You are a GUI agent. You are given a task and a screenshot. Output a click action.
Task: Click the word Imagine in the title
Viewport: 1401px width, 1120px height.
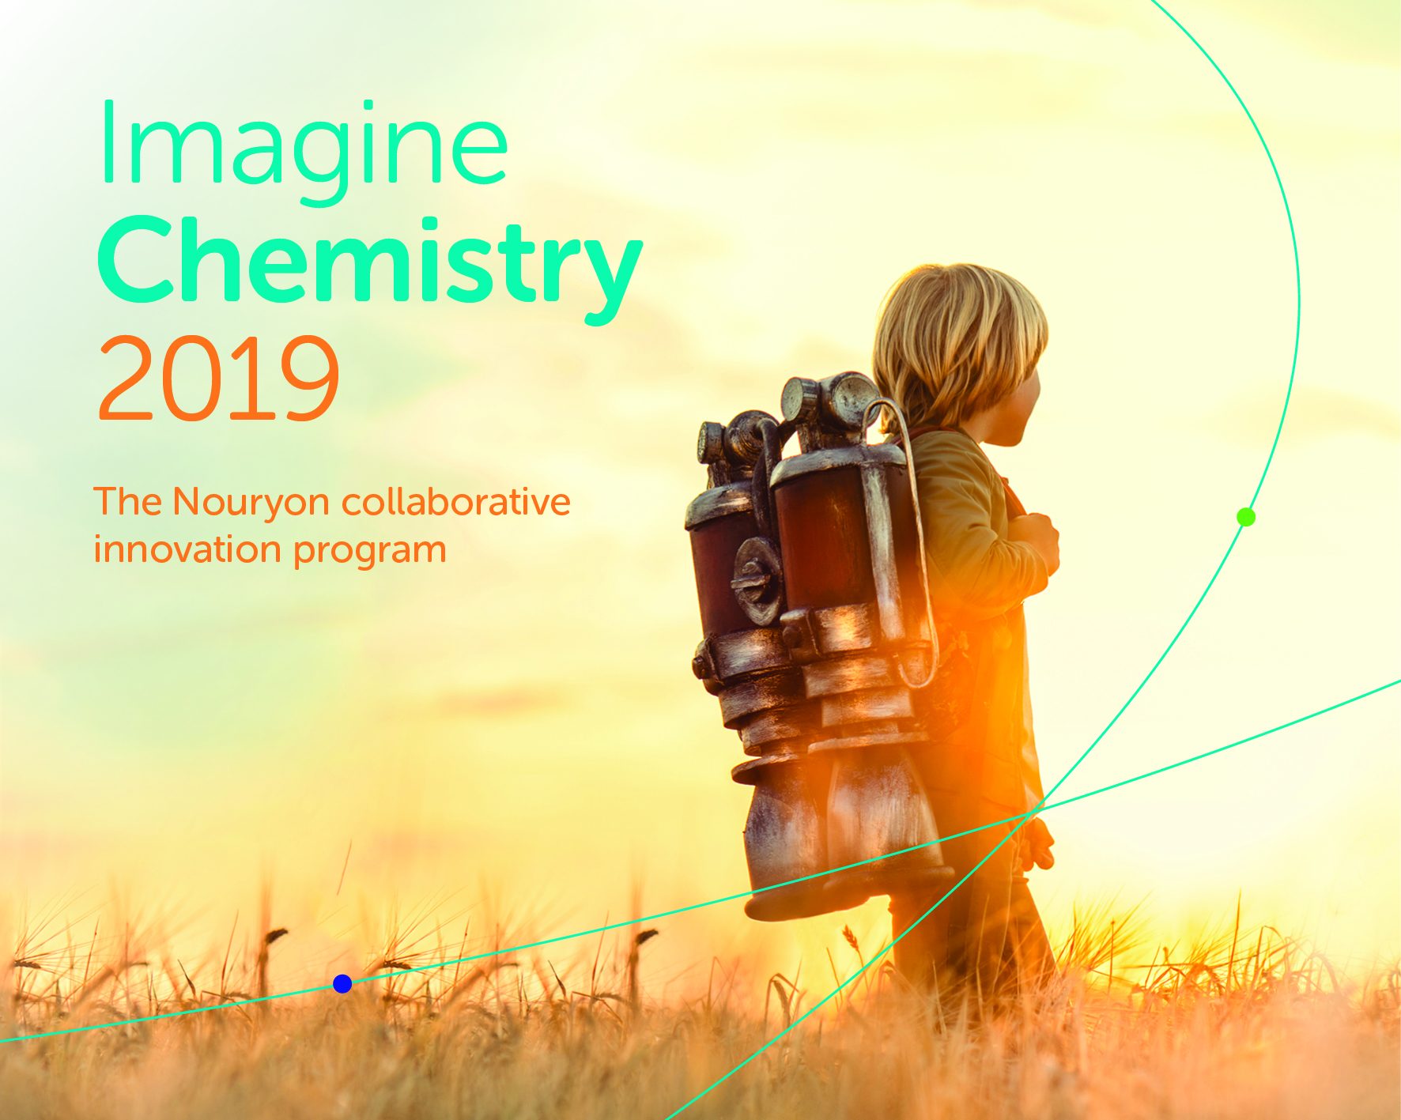click(304, 150)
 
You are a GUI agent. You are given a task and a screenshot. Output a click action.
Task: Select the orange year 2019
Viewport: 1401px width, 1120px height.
click(219, 378)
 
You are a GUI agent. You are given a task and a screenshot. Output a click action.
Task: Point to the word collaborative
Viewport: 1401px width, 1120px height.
click(455, 502)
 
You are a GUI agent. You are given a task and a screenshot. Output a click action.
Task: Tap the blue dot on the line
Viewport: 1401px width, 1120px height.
click(342, 983)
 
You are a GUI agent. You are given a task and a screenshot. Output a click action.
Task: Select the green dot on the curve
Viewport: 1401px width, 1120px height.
click(1246, 517)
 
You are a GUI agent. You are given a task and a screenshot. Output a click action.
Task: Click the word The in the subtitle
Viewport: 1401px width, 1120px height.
click(127, 501)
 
